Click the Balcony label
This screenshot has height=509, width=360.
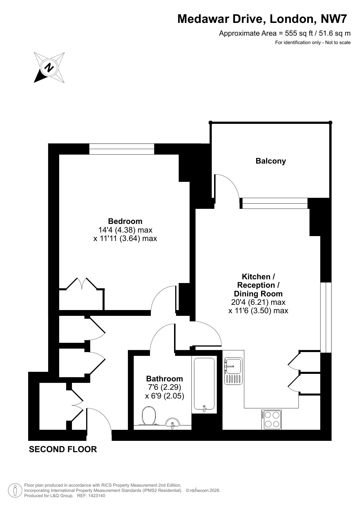271,161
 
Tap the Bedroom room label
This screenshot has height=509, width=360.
125,221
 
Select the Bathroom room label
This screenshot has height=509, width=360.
164,379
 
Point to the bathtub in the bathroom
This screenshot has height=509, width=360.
204,385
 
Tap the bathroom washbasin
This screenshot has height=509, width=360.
172,423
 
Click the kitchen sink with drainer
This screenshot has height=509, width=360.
233,371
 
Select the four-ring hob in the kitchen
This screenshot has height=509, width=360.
272,420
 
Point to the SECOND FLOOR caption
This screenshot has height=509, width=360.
63,450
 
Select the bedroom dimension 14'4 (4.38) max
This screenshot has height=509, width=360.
125,230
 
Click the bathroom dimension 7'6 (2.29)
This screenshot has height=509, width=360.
164,387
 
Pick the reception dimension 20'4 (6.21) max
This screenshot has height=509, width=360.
258,302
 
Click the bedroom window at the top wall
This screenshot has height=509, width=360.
122,149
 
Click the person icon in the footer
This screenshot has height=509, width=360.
15,490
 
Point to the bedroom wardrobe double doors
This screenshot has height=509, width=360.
82,284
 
